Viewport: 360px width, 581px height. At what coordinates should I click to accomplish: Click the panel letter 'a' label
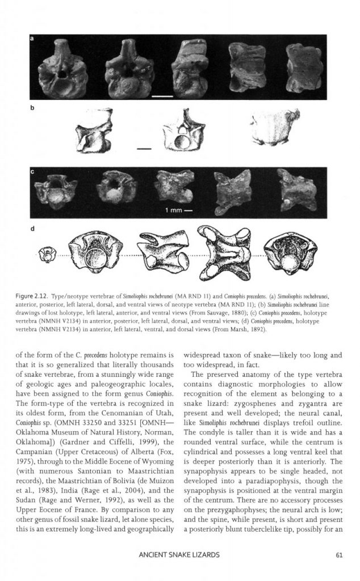tap(32, 39)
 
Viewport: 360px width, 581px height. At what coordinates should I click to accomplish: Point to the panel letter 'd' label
tap(32, 230)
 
